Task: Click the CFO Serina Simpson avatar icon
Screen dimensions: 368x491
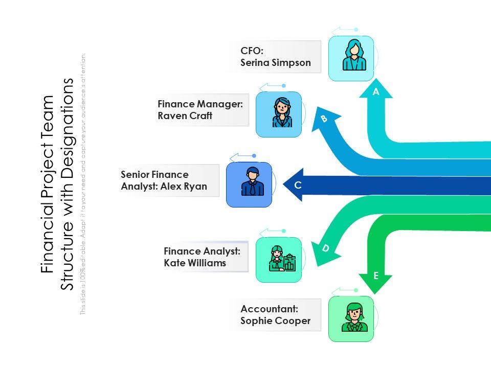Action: point(351,58)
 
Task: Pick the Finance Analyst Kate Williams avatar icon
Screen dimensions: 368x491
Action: point(279,260)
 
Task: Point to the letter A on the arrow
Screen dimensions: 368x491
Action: point(376,93)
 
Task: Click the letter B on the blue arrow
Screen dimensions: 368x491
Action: point(324,119)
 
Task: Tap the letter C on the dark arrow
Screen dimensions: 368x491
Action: point(298,186)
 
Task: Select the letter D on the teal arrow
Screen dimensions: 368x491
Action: point(325,248)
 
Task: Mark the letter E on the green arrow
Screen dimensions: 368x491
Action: point(376,276)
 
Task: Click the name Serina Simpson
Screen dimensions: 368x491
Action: point(276,63)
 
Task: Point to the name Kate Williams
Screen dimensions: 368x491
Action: point(195,263)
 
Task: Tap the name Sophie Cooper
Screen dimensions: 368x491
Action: point(276,321)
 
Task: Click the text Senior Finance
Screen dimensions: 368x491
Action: point(154,174)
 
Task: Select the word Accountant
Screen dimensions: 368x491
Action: point(269,309)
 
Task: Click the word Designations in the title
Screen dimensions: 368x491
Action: point(68,123)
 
